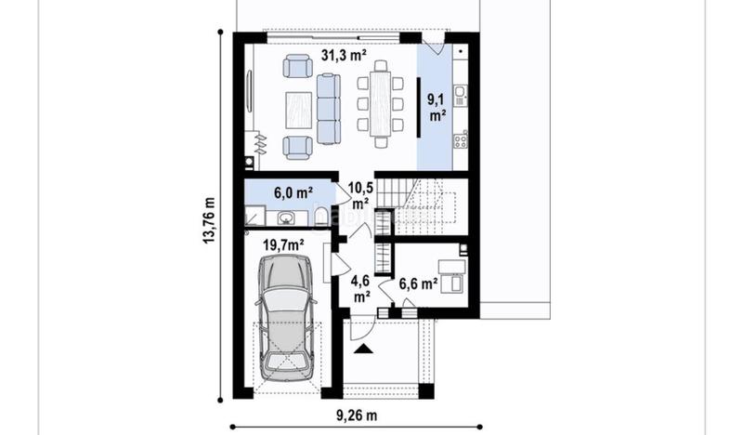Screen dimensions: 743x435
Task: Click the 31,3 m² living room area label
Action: click(344, 56)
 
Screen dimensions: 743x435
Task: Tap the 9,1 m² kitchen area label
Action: click(437, 108)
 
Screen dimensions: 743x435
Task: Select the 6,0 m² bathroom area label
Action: click(293, 193)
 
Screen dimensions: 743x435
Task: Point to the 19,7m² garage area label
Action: click(283, 245)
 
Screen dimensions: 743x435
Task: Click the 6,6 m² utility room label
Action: click(418, 284)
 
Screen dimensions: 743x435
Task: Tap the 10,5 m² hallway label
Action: click(360, 195)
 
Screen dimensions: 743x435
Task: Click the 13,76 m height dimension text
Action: click(209, 220)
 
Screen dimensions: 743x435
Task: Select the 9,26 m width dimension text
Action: click(357, 416)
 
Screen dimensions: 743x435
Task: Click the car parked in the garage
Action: click(285, 318)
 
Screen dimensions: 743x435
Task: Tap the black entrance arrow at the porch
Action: click(363, 349)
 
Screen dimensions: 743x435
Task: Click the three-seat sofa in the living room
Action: click(329, 109)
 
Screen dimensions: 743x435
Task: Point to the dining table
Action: click(381, 104)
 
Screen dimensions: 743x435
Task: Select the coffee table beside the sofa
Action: click(298, 111)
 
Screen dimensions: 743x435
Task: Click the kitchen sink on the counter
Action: click(460, 96)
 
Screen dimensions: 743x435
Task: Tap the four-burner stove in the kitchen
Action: click(461, 140)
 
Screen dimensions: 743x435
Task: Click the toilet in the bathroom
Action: click(319, 215)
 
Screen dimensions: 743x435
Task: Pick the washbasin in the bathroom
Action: click(286, 217)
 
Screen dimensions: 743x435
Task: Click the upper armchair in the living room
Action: click(297, 66)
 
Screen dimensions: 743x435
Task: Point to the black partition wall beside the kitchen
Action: click(419, 108)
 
